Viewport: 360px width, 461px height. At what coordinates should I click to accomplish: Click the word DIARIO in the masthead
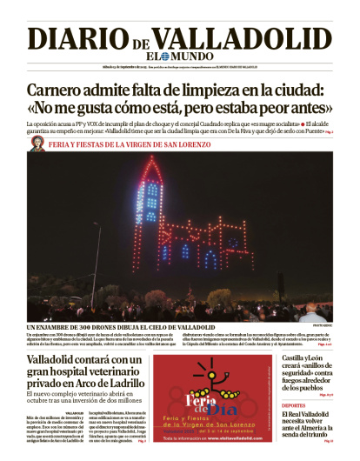pos(77,39)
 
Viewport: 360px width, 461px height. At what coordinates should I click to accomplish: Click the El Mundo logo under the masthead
pos(180,57)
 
